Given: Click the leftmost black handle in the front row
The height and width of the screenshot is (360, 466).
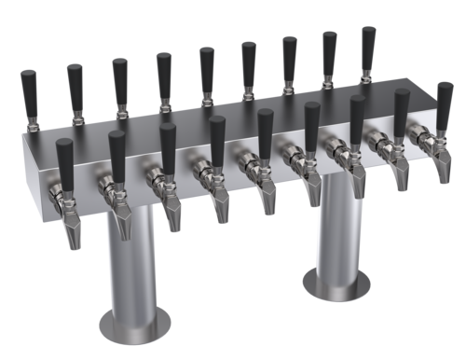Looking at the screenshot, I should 63,159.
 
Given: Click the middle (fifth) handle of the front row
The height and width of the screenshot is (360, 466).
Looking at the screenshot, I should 264,127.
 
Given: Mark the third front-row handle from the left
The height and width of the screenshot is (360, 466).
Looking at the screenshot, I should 168,143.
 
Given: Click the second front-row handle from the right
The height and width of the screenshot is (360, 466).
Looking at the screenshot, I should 403,105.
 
